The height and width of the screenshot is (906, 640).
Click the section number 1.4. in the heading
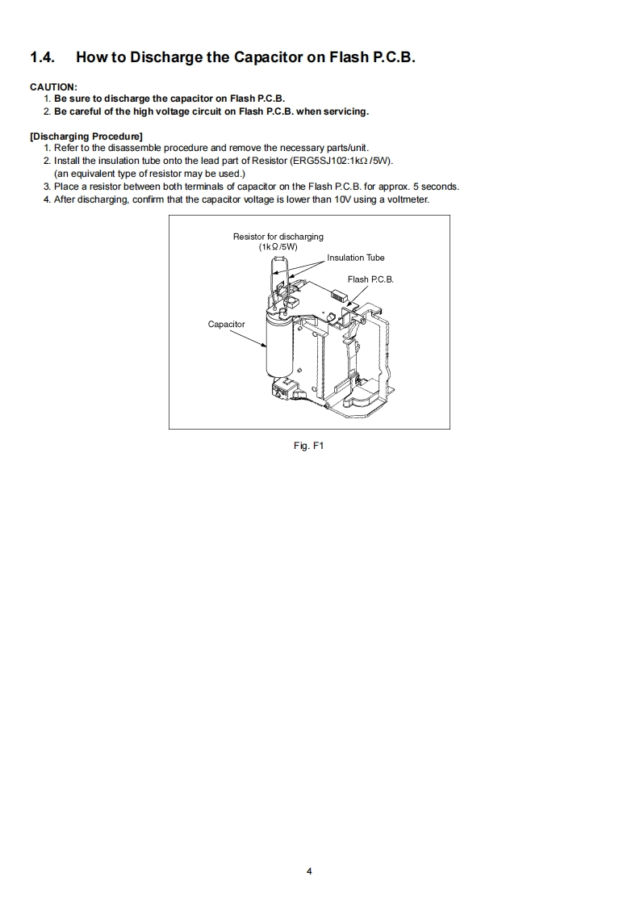[45, 57]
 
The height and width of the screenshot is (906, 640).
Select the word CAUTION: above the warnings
[53, 86]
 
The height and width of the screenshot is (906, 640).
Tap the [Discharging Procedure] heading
[86, 136]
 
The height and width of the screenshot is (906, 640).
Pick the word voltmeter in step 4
[406, 199]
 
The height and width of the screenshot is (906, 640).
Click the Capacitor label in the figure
[226, 325]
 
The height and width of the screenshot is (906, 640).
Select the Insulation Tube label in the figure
[355, 258]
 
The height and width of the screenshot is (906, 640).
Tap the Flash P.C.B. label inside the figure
[370, 279]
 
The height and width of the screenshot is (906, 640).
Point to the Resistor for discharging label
[278, 237]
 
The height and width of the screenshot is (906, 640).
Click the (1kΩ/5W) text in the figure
[278, 246]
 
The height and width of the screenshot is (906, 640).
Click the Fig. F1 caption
[309, 446]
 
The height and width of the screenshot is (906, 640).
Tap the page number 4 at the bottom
[309, 871]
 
